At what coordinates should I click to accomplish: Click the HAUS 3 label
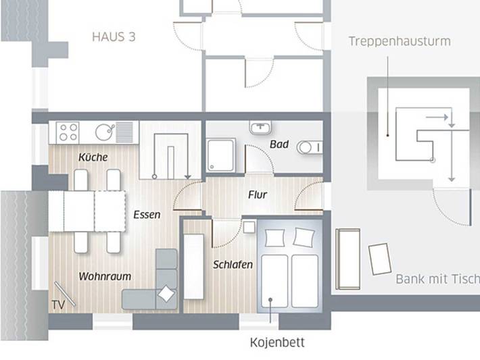coord(114,36)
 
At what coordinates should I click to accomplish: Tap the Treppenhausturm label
coord(400,41)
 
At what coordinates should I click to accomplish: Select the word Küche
coord(93,157)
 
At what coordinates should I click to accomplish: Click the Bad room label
coord(279,145)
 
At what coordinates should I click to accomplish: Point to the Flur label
coord(258,195)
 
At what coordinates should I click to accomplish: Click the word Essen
coord(147,215)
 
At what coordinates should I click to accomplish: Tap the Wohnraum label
coord(105,276)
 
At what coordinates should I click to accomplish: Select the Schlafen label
coord(233,265)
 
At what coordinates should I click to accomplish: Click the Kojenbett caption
coord(277,342)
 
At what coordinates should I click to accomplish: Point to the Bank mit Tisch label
coord(437,279)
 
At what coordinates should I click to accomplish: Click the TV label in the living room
coord(58,305)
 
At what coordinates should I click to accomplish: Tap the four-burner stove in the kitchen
coord(68,132)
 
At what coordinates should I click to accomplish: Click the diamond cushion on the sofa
coord(166,294)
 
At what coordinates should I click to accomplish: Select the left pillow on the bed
coord(275,237)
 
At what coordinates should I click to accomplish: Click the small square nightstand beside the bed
coord(249,227)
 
